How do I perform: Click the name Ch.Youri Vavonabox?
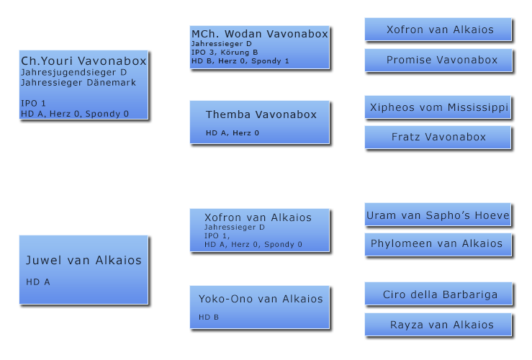pyautogui.click(x=84, y=61)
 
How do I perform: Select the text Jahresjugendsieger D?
pyautogui.click(x=73, y=73)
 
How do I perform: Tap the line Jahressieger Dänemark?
pyautogui.click(x=78, y=83)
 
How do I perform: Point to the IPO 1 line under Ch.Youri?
pyautogui.click(x=33, y=103)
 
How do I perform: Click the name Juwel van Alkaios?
pyautogui.click(x=84, y=260)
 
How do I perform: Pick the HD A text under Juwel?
pyautogui.click(x=38, y=282)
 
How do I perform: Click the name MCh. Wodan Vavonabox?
pyautogui.click(x=260, y=34)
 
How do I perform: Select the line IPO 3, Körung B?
pyautogui.click(x=225, y=53)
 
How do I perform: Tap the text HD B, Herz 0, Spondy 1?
pyautogui.click(x=240, y=61)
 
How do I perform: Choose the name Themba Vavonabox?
pyautogui.click(x=261, y=114)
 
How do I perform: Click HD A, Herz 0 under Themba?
pyautogui.click(x=233, y=133)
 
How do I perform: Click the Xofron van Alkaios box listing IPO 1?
pyautogui.click(x=260, y=230)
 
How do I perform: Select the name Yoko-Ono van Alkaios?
pyautogui.click(x=261, y=299)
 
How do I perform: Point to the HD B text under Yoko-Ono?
pyautogui.click(x=209, y=318)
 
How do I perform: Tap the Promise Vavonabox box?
pyautogui.click(x=438, y=60)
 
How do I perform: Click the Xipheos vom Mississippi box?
pyautogui.click(x=438, y=107)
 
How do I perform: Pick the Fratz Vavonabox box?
pyautogui.click(x=438, y=137)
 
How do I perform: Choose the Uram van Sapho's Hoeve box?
pyautogui.click(x=438, y=215)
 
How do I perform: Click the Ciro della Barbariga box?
pyautogui.click(x=438, y=294)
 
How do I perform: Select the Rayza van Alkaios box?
pyautogui.click(x=438, y=325)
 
